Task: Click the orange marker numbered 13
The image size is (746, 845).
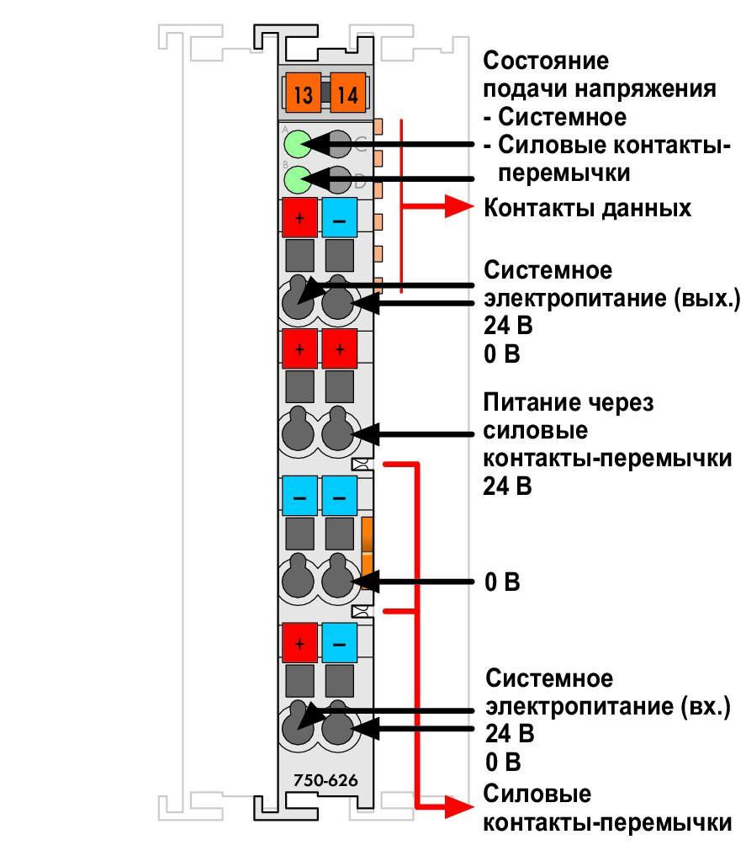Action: click(304, 93)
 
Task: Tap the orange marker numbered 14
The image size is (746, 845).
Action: click(348, 93)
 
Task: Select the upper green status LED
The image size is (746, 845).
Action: click(298, 144)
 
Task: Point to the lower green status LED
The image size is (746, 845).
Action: click(298, 179)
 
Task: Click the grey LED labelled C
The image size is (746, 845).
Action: click(339, 144)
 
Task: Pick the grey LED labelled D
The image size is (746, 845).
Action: click(339, 179)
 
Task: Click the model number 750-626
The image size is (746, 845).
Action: click(325, 780)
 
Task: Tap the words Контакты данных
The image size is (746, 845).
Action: click(587, 208)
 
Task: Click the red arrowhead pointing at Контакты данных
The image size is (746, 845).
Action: click(458, 206)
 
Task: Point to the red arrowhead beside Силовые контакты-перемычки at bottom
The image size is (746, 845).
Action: click(458, 807)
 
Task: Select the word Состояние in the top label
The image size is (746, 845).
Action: click(546, 61)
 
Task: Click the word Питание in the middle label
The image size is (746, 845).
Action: click(530, 402)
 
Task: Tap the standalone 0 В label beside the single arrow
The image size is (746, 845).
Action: click(502, 582)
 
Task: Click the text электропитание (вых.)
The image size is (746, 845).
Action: click(612, 298)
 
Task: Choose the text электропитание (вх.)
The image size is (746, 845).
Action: click(607, 706)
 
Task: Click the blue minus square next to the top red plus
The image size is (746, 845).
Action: click(339, 218)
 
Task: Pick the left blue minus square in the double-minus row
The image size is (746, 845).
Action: click(299, 496)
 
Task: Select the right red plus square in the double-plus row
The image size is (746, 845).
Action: click(339, 348)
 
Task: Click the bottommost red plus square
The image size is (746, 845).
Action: click(299, 643)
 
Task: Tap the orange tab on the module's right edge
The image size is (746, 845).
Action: click(368, 553)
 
